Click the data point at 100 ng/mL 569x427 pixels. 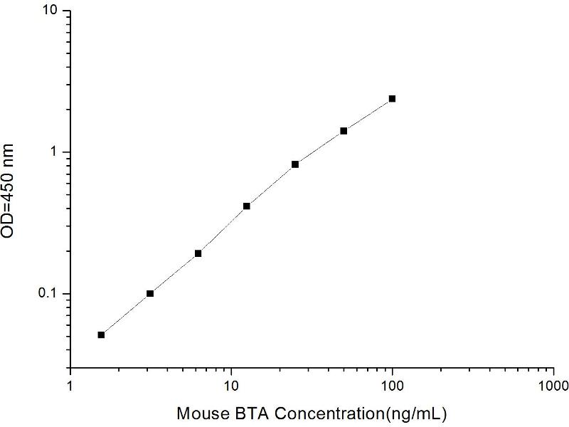point(392,99)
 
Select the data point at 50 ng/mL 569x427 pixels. point(344,131)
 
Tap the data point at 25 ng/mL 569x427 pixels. point(295,164)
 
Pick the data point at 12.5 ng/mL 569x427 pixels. point(247,206)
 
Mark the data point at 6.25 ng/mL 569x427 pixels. point(198,253)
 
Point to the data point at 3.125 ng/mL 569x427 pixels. point(150,293)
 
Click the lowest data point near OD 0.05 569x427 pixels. point(101,334)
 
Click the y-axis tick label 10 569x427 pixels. point(52,12)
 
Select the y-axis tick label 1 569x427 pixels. point(56,153)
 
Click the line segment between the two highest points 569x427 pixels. point(368,115)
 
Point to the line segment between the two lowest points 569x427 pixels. point(125,314)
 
